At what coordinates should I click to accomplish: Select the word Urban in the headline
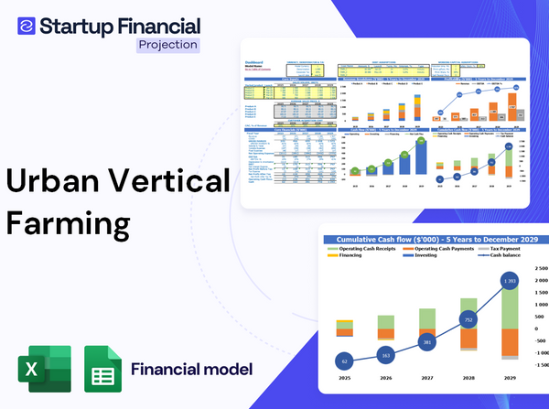[53, 182]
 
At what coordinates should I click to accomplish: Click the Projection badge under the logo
[167, 44]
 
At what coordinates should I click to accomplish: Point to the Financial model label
[191, 370]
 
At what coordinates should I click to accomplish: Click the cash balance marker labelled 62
[343, 362]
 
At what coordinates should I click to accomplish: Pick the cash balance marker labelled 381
[426, 342]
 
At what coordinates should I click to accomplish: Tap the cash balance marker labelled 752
[468, 320]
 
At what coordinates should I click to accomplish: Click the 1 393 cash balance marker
[510, 279]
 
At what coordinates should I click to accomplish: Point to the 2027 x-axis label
[426, 378]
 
